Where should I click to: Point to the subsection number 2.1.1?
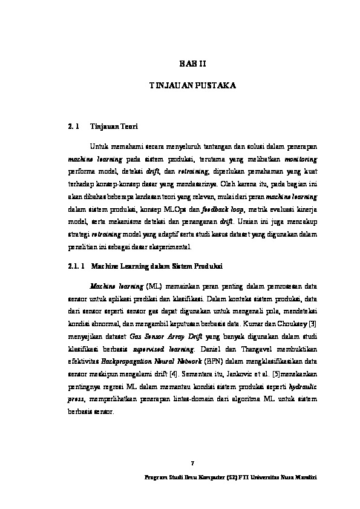click(75, 266)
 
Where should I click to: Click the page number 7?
click(192, 464)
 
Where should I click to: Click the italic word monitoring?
click(301, 159)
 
